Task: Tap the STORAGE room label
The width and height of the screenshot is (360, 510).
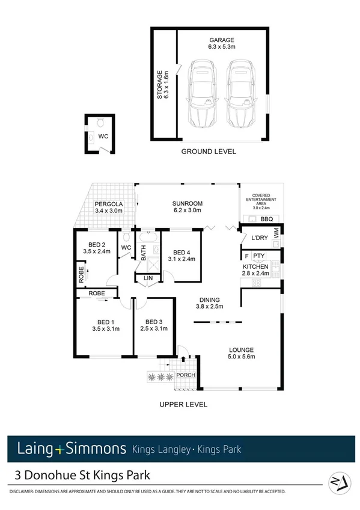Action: [x=160, y=84]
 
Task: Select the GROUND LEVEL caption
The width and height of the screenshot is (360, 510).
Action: [x=209, y=152]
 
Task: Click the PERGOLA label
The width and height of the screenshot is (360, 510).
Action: [x=108, y=204]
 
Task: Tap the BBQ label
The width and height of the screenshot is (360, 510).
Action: [x=266, y=219]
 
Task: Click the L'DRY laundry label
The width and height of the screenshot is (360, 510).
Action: [x=260, y=238]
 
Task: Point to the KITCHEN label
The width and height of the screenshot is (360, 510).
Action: [x=255, y=266]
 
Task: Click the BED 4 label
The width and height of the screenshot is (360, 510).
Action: [x=182, y=253]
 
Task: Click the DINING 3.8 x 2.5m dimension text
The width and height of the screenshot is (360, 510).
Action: [x=210, y=306]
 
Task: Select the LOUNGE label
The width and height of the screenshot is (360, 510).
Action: [x=240, y=349]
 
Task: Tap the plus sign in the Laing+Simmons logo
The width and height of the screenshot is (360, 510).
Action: [x=58, y=449]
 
